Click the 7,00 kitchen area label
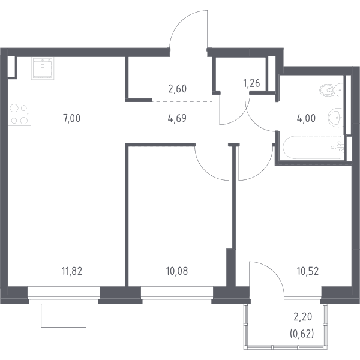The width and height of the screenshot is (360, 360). click(72, 118)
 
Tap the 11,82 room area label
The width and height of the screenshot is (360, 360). click(72, 271)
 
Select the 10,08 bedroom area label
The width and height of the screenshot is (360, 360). click(177, 271)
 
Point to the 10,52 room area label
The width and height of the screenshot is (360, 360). click(308, 271)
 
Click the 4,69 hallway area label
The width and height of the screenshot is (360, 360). click(177, 118)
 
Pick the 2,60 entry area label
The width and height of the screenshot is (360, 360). click(177, 89)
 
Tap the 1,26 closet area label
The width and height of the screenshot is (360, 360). click(251, 83)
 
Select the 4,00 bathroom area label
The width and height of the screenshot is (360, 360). click(306, 118)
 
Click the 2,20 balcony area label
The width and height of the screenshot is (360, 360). click(303, 317)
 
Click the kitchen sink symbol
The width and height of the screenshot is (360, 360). click(43, 68)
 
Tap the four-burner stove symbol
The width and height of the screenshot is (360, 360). click(20, 114)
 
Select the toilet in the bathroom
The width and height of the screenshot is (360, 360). click(331, 90)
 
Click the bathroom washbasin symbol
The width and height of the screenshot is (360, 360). click(336, 118)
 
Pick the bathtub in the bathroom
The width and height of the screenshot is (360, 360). click(313, 147)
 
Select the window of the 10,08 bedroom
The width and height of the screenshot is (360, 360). click(177, 295)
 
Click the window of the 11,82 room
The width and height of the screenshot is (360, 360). click(64, 295)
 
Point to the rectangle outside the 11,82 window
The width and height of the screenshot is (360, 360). click(64, 316)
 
